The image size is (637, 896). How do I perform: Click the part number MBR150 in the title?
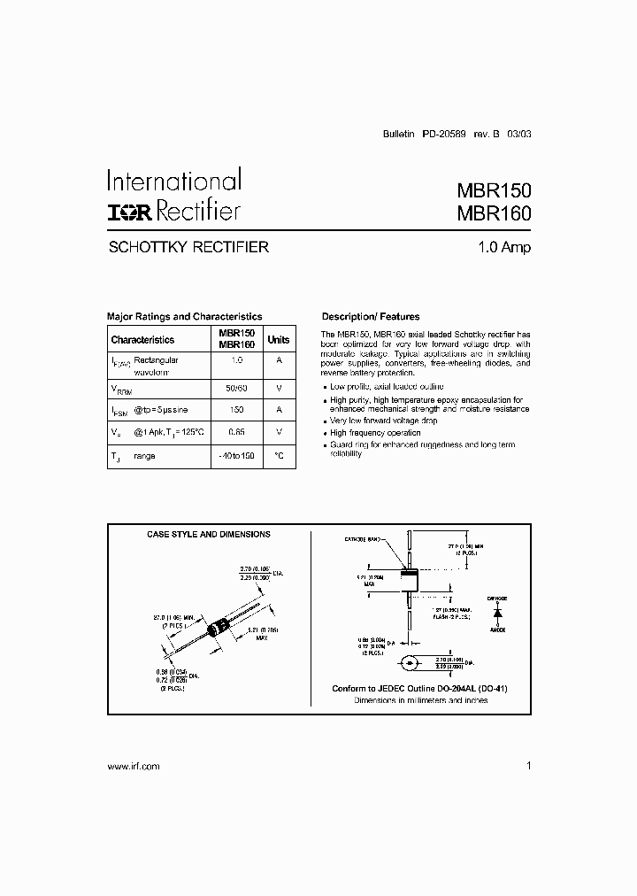tap(494, 190)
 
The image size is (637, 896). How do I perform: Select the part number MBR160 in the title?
tap(494, 213)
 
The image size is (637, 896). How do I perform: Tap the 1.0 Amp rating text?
tap(503, 248)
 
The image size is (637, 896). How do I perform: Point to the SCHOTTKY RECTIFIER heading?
tap(188, 248)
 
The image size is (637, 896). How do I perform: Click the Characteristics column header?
tap(142, 339)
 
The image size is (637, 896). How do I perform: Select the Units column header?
tap(279, 339)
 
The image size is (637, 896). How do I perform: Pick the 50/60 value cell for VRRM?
tap(236, 387)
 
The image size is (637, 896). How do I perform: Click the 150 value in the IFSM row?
tap(236, 410)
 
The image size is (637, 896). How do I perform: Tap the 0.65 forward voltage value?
tap(236, 432)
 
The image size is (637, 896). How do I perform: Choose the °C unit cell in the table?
tap(279, 455)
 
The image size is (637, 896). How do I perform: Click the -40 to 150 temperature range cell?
tap(236, 455)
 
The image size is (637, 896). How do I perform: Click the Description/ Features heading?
tap(371, 316)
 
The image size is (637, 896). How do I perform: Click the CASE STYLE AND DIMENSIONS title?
tap(208, 535)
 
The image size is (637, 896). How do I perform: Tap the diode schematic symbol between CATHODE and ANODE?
tap(497, 612)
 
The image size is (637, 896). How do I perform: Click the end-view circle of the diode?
tap(409, 662)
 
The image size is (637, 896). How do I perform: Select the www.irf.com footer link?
tap(133, 767)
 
